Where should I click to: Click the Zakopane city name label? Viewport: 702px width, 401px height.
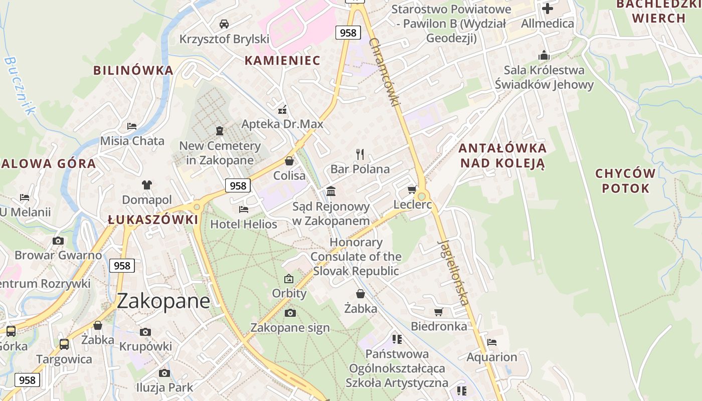163,301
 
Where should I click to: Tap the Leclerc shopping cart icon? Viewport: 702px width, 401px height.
412,189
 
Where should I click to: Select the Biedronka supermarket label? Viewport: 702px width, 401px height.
439,326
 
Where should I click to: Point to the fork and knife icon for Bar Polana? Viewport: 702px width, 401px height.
360,154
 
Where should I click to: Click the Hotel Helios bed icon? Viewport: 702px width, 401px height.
244,209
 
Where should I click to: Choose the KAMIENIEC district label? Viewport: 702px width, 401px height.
282,61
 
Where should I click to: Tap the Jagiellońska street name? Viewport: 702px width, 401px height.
454,273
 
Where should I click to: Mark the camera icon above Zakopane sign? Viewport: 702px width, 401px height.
290,313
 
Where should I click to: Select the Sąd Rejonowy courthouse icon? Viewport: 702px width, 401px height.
331,191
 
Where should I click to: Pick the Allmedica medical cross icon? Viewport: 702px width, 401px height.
548,9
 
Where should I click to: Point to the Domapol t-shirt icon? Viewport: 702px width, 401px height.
146,185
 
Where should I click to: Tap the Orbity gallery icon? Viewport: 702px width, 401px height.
289,279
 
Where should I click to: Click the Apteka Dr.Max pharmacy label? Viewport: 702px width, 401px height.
282,124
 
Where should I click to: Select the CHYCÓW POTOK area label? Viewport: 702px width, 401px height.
625,181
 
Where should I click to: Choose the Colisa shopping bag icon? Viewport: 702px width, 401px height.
289,161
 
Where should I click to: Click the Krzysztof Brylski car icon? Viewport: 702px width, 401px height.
224,24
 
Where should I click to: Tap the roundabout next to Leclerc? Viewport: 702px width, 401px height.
422,196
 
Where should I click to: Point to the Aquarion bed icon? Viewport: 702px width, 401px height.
492,342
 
